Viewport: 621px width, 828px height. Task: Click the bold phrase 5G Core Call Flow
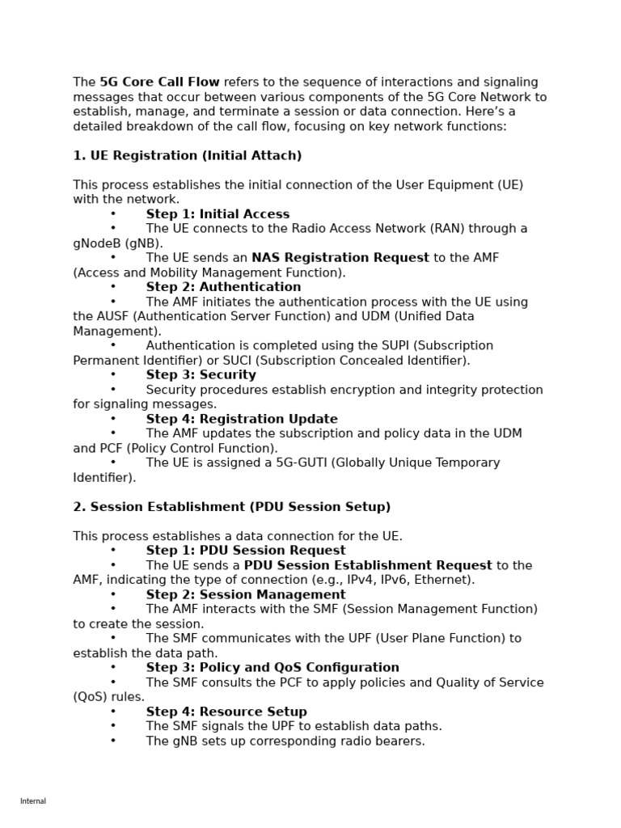coord(159,82)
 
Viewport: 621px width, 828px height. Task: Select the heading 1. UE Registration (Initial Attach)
coord(187,155)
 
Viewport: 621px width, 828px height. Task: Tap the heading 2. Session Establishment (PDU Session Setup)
coord(231,507)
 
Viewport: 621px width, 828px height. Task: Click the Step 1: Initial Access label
coord(218,214)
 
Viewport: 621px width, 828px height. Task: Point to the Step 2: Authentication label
coord(223,287)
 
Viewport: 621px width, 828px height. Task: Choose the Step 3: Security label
coord(201,375)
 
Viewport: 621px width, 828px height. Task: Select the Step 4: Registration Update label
coord(242,419)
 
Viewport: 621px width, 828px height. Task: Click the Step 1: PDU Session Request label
coord(246,551)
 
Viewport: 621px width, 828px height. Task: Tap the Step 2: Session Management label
coord(246,595)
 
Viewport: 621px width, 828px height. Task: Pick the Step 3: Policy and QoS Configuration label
coord(272,668)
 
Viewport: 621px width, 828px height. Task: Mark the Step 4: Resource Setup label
coord(226,712)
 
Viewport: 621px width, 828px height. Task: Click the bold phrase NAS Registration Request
coord(340,258)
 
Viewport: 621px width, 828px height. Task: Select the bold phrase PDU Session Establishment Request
coord(368,565)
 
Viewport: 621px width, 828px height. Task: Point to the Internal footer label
coord(33,801)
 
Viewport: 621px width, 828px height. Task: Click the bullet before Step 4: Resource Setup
coord(113,712)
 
